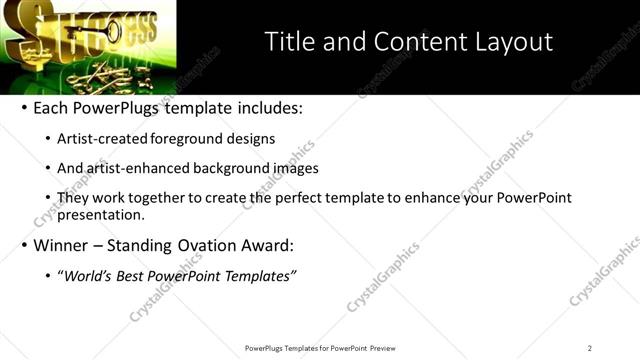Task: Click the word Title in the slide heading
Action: pos(289,42)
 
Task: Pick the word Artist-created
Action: pos(103,139)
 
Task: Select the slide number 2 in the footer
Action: pos(589,348)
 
